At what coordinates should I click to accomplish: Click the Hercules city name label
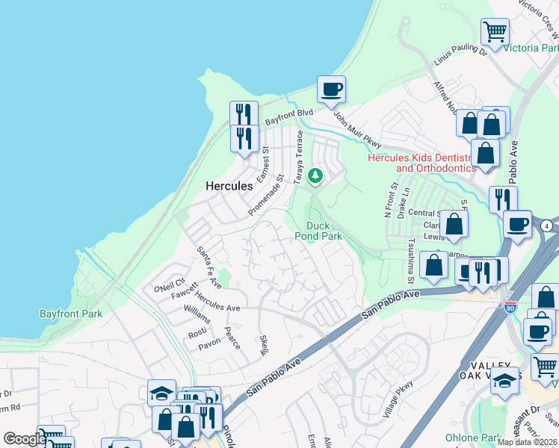(x=229, y=186)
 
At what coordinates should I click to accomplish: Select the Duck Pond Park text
(x=324, y=231)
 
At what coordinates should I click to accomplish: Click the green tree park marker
(x=316, y=176)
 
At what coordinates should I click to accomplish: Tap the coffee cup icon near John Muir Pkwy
(x=332, y=90)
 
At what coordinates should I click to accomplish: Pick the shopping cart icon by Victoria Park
(x=495, y=32)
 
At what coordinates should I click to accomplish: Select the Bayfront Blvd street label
(x=288, y=117)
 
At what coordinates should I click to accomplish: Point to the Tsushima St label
(x=411, y=262)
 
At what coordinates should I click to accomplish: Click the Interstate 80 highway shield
(x=510, y=306)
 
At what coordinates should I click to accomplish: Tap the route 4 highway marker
(x=547, y=225)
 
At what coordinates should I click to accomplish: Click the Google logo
(x=24, y=438)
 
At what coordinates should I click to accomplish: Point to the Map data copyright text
(x=527, y=442)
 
